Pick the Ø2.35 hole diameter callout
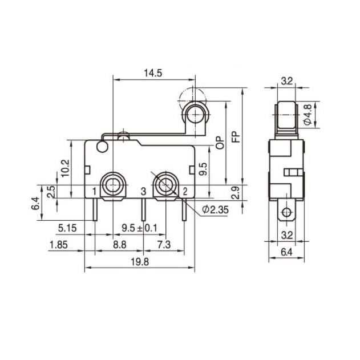pos(215,210)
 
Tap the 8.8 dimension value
pos(120,245)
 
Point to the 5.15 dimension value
pos(68,229)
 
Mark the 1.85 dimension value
pos(57,245)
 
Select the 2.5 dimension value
pos(51,192)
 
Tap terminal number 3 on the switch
pos(144,191)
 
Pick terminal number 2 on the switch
pos(186,191)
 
